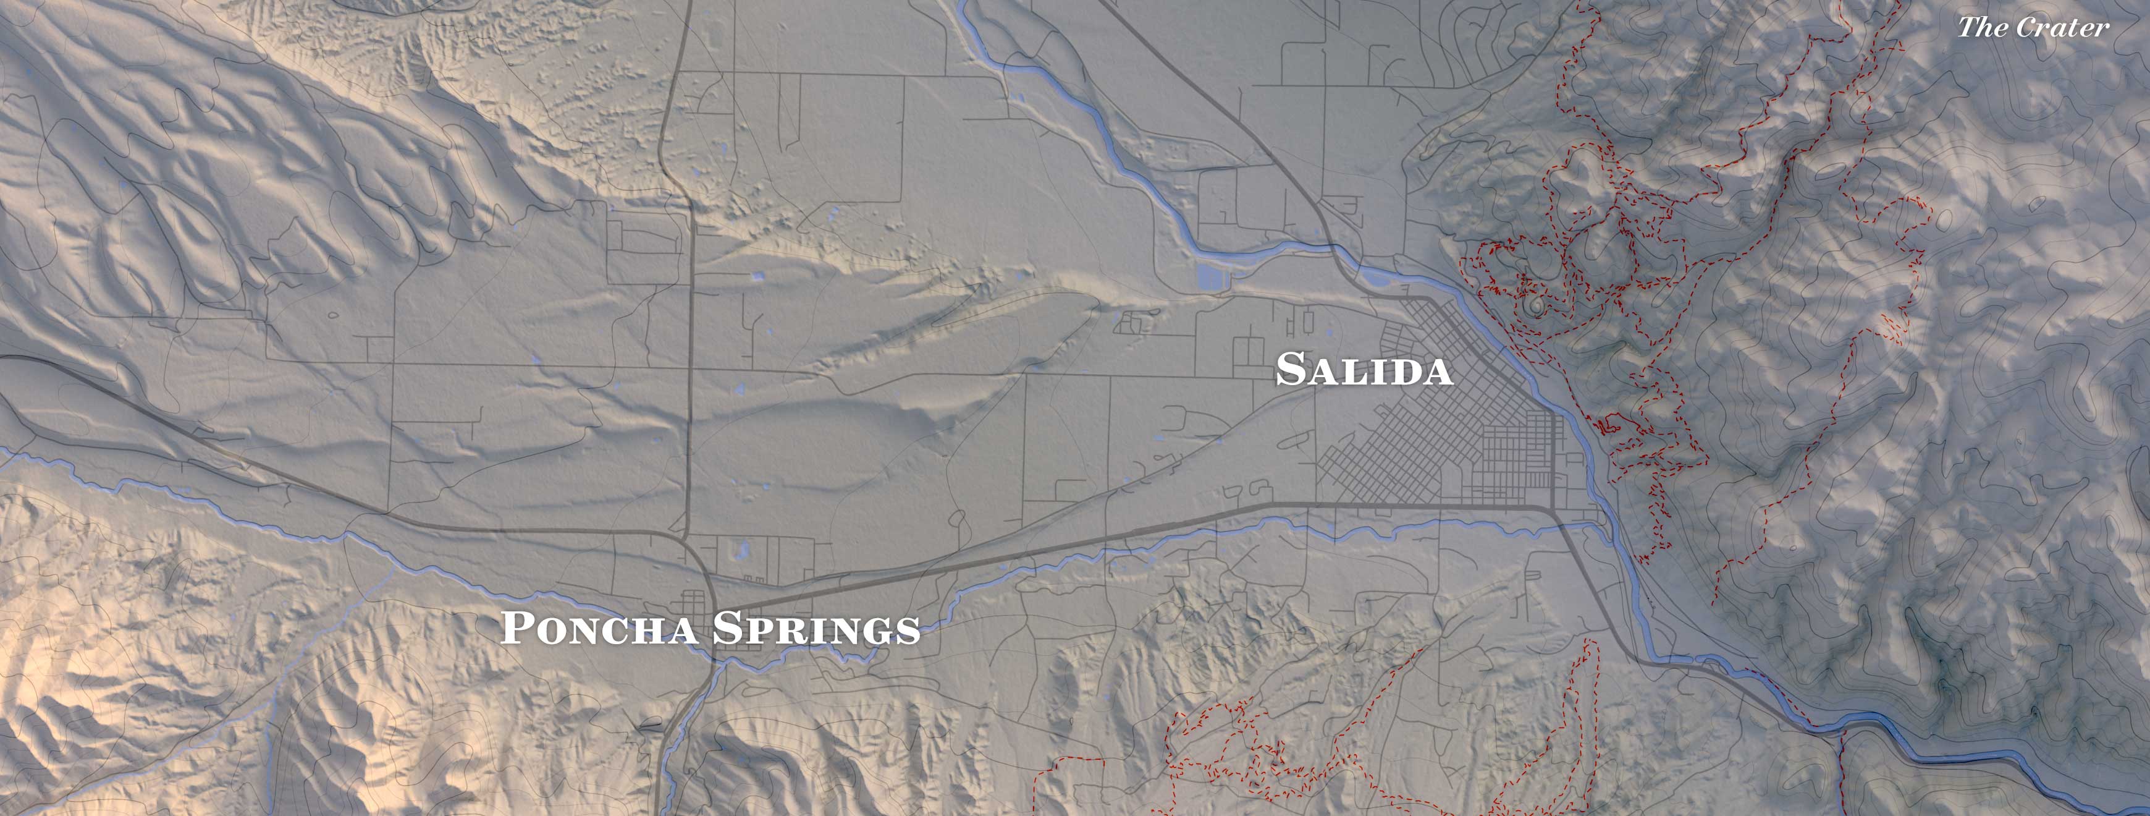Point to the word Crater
(2064, 28)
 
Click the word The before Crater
(1982, 28)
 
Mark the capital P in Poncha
(516, 627)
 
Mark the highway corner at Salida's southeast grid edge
(1553, 507)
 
